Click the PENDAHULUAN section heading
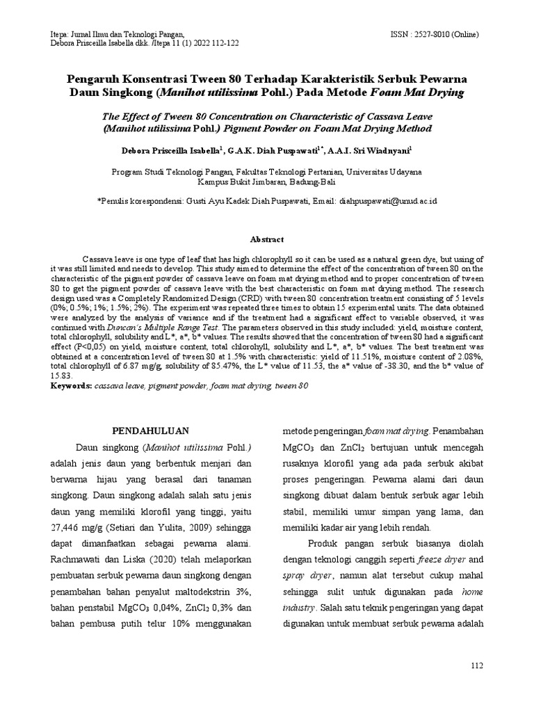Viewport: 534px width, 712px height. (150, 430)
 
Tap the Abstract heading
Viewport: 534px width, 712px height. (267, 238)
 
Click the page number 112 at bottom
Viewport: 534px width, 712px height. (476, 665)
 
